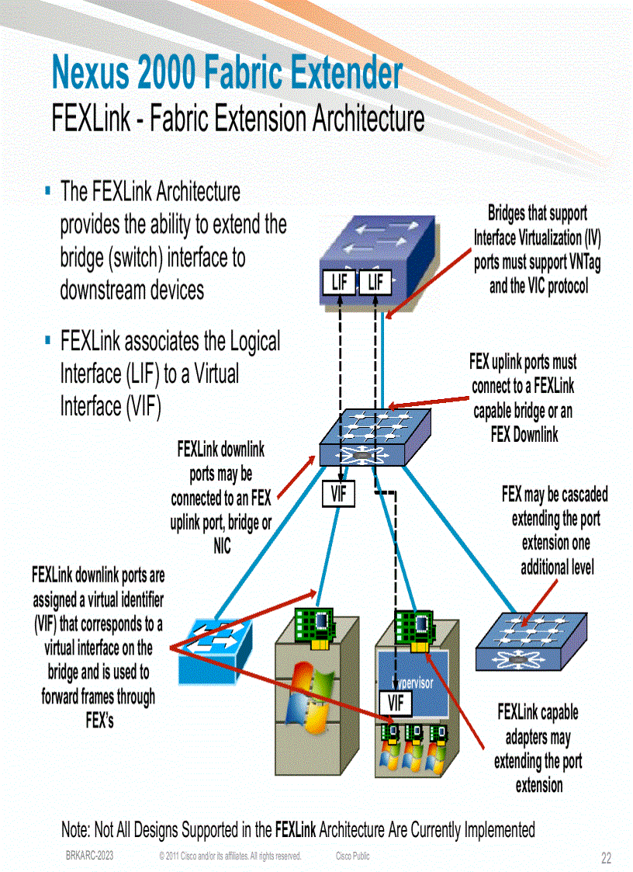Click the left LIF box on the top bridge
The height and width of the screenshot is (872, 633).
pyautogui.click(x=339, y=283)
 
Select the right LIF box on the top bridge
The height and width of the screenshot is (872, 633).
pyautogui.click(x=375, y=283)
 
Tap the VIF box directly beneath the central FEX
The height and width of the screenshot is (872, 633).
pyautogui.click(x=339, y=494)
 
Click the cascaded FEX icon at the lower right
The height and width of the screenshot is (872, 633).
pyautogui.click(x=525, y=638)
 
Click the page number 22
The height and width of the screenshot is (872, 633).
pyautogui.click(x=606, y=858)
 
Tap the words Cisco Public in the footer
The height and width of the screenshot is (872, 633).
pyautogui.click(x=352, y=856)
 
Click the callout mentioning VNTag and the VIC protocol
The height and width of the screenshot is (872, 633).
pyautogui.click(x=538, y=249)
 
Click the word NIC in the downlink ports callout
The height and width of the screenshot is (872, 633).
pyautogui.click(x=222, y=547)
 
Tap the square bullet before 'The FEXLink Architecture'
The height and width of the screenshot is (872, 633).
pyautogui.click(x=48, y=189)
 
